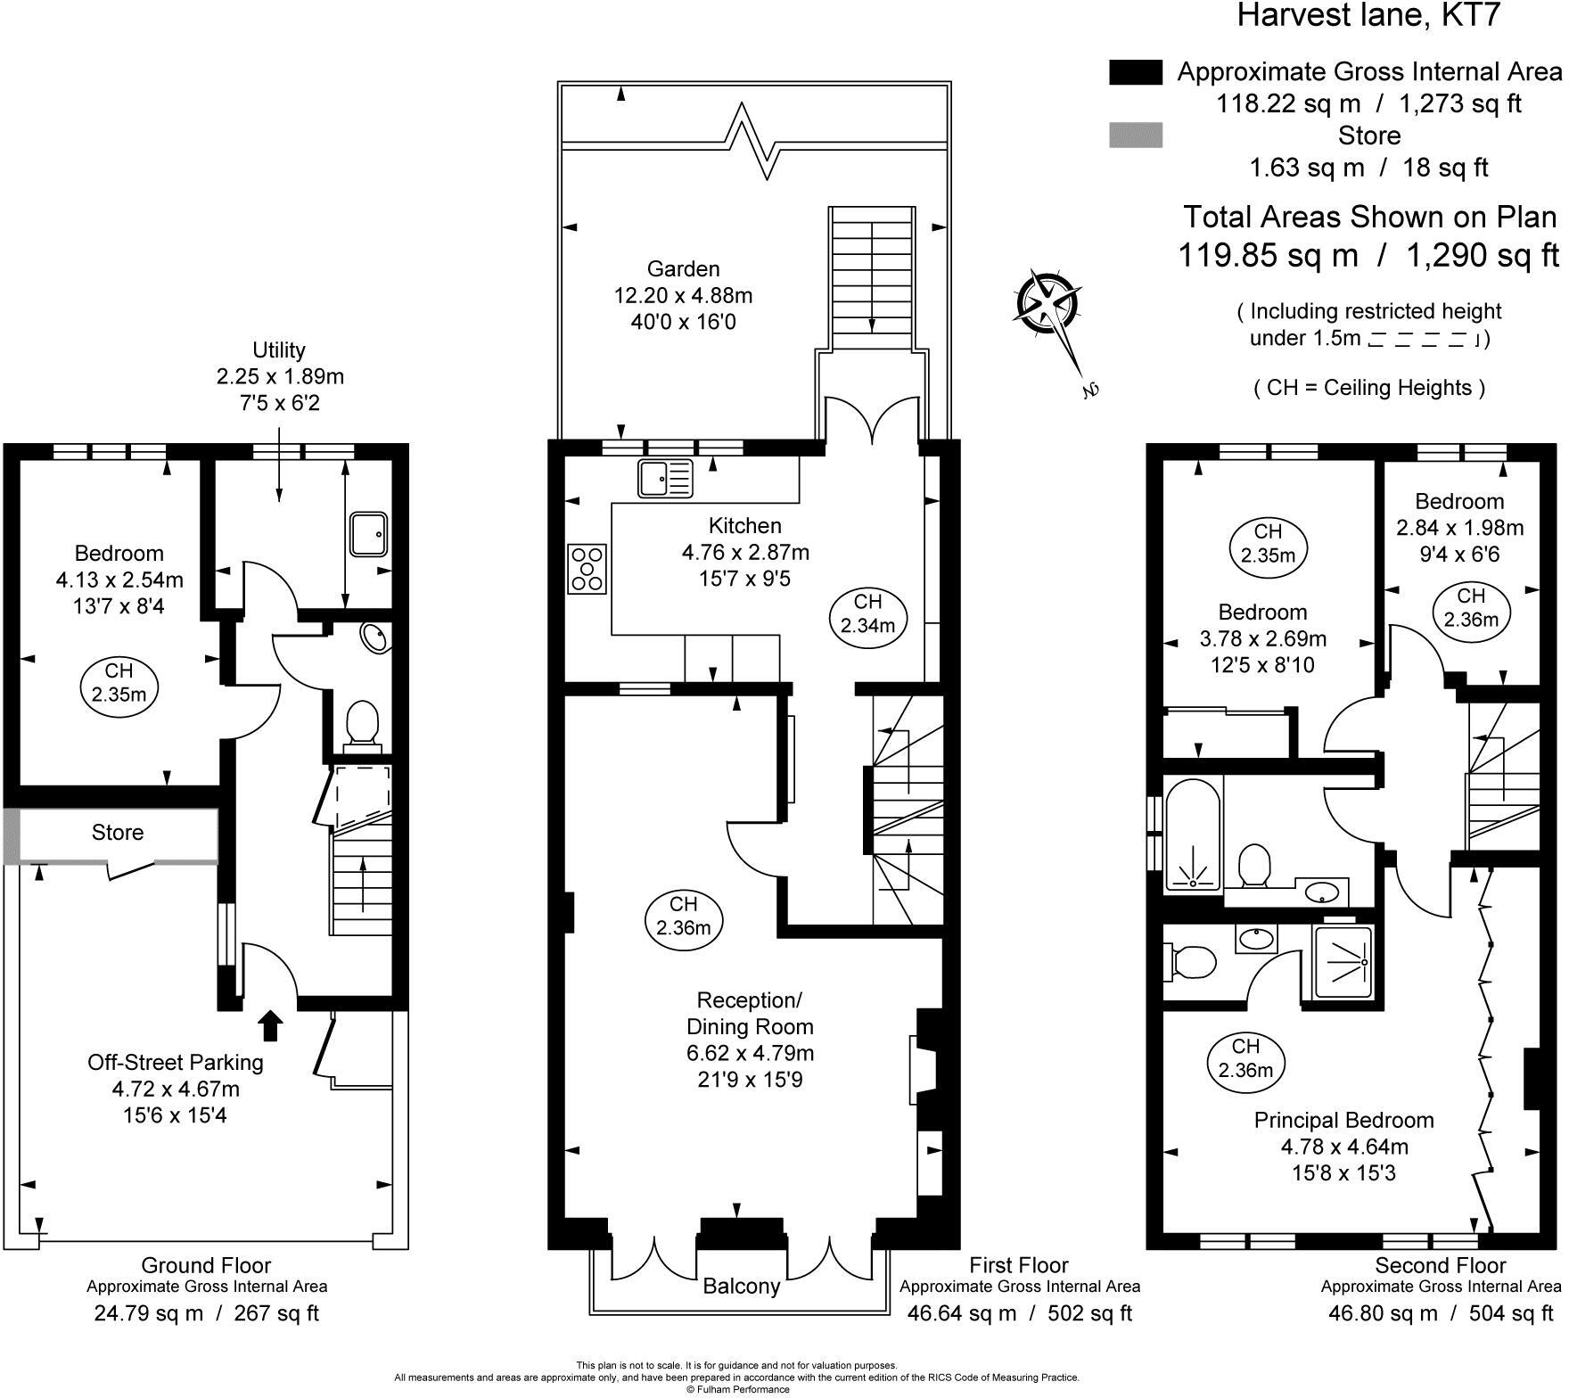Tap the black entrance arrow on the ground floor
click(272, 1025)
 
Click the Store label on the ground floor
click(118, 833)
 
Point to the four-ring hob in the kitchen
click(587, 569)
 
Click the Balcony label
click(742, 1286)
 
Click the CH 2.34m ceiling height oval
click(868, 613)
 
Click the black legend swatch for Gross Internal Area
click(1136, 72)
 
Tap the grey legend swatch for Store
click(1136, 136)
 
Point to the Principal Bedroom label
click(1344, 1120)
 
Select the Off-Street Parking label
click(176, 1063)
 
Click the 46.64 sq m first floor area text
click(961, 1313)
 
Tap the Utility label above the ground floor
click(279, 350)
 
